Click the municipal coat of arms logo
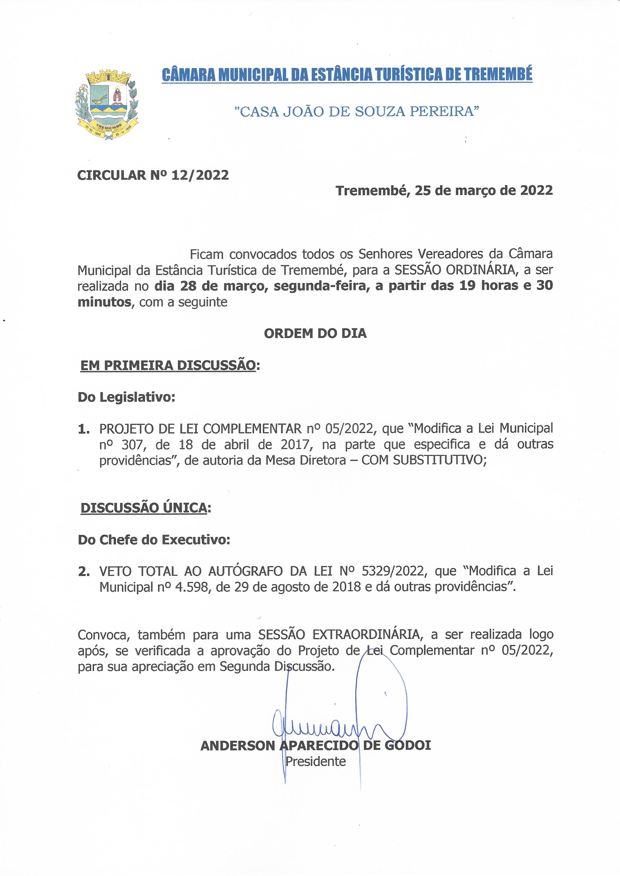pos(107,105)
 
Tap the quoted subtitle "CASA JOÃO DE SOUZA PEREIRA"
pos(356,111)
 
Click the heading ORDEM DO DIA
pos(315,333)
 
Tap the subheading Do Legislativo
pos(126,397)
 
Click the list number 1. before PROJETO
pos(83,429)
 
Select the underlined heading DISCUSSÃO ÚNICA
pos(144,508)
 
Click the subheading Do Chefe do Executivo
pos(154,540)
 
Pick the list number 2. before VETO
pos(83,571)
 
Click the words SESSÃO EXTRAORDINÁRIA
pos(339,635)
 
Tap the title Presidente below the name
pos(315,761)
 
